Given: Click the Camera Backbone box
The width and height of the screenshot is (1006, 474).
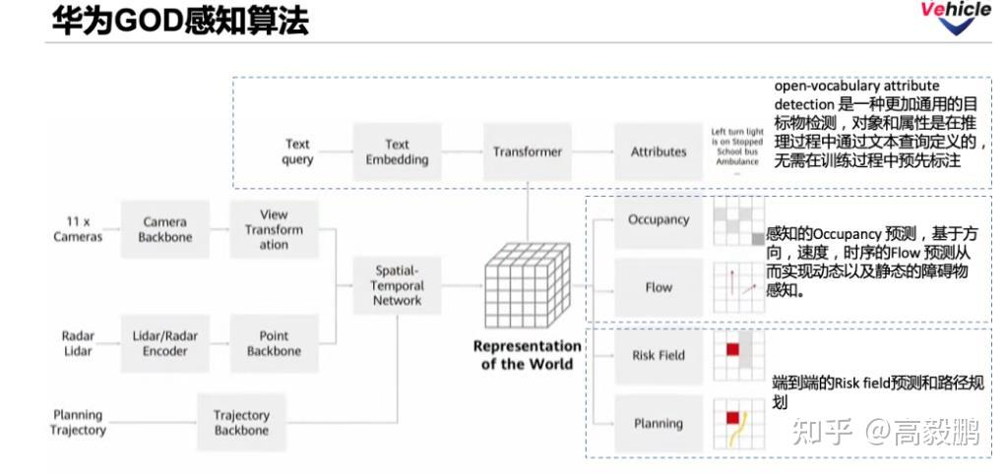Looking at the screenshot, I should (x=164, y=229).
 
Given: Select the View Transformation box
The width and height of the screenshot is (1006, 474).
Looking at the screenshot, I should (x=274, y=229).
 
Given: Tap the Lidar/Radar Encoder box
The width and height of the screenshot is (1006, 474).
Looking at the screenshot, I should (x=164, y=343).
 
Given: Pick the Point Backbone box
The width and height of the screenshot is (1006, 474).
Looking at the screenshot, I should (x=274, y=343).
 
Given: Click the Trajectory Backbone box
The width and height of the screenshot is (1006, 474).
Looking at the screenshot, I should (x=241, y=423).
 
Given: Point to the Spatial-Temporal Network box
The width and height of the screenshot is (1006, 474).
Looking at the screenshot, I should (x=398, y=285).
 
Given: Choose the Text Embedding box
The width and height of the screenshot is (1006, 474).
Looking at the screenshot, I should (x=397, y=151).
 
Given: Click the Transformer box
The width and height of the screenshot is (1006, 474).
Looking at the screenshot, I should (x=528, y=151).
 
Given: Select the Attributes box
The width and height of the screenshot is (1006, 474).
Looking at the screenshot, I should (x=659, y=151).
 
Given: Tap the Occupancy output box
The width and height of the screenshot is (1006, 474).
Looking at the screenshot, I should (x=659, y=219).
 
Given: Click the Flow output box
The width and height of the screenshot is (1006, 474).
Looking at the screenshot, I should (x=659, y=287).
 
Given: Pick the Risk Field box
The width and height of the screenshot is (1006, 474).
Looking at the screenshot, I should (x=659, y=355).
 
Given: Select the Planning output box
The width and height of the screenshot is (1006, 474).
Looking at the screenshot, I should (x=659, y=423).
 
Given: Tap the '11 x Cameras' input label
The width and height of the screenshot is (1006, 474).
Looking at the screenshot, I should (x=78, y=229).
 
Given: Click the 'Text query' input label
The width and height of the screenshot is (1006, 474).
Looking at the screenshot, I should (x=297, y=151).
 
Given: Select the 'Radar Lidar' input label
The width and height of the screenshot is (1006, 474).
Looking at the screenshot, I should (x=78, y=343).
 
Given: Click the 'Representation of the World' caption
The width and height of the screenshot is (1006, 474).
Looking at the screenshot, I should (x=528, y=354).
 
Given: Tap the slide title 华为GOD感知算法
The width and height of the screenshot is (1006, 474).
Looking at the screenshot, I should (x=180, y=21).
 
